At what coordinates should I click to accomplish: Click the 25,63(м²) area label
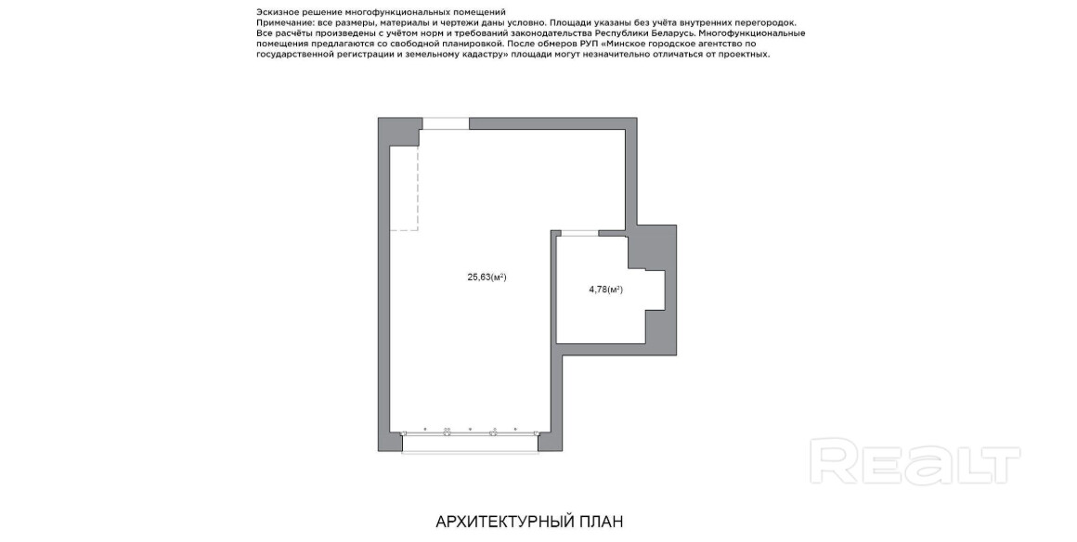487,277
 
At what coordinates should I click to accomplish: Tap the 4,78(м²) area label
605,290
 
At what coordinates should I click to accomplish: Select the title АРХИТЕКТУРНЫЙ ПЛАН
529,523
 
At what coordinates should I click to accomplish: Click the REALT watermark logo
915,462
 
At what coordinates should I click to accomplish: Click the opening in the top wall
446,123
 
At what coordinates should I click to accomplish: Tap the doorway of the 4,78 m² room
579,234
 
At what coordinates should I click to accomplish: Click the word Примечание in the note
280,22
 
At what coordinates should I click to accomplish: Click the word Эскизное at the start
275,12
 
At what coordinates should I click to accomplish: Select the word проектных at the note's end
746,54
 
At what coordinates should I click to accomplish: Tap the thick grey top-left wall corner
399,131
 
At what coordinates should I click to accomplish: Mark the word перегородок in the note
770,22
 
